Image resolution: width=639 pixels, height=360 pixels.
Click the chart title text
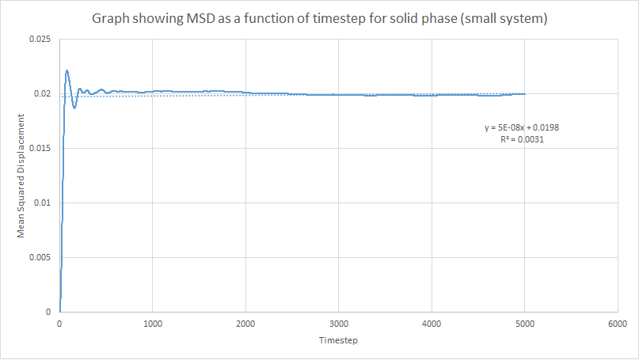point(319,18)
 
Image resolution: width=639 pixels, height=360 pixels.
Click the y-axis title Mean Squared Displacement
point(22,175)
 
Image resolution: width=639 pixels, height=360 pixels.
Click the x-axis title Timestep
point(338,341)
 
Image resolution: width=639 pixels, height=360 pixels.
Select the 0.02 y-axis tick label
point(43,94)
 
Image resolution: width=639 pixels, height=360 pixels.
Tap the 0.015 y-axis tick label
point(40,149)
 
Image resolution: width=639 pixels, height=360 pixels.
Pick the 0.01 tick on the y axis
point(43,203)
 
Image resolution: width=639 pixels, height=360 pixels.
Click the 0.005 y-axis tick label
point(40,258)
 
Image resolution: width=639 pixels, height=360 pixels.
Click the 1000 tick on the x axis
point(153,324)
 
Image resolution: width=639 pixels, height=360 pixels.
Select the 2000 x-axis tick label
point(245,324)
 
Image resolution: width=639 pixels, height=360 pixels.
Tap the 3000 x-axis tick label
point(338,324)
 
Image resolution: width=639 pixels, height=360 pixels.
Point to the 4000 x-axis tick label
point(432,324)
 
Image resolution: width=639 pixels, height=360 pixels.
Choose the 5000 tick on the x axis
point(524,324)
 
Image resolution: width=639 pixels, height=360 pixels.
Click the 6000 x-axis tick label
point(617,324)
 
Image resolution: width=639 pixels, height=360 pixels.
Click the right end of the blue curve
point(524,93)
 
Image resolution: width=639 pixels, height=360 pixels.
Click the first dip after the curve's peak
point(74,108)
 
